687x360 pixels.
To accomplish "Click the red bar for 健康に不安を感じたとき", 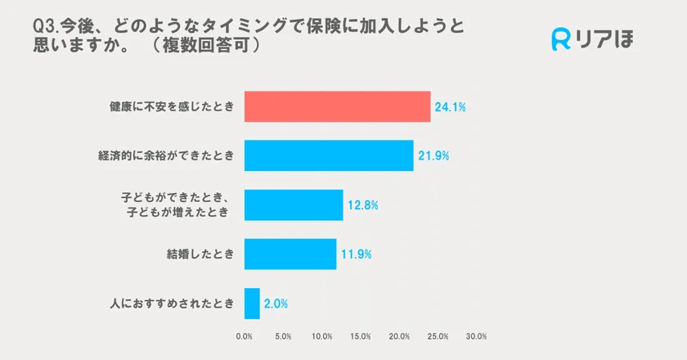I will (x=337, y=106).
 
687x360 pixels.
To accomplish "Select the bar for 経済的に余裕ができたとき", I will (x=329, y=155).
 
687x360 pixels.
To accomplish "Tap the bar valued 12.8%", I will (x=294, y=205).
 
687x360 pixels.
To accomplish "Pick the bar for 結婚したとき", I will (x=290, y=254).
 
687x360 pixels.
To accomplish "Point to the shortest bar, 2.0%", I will (x=252, y=303).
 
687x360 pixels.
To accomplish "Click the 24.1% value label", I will (x=451, y=107).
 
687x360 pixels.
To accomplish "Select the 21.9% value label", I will (x=433, y=156).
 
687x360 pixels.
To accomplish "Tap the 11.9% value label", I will (x=357, y=254).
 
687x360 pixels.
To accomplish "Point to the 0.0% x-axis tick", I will (x=244, y=335).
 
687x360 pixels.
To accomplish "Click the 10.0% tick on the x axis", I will (x=321, y=335).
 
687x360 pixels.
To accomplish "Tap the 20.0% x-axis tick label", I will (x=399, y=335).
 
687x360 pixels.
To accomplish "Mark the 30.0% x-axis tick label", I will (x=477, y=335).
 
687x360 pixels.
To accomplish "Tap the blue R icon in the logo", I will (x=562, y=39).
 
